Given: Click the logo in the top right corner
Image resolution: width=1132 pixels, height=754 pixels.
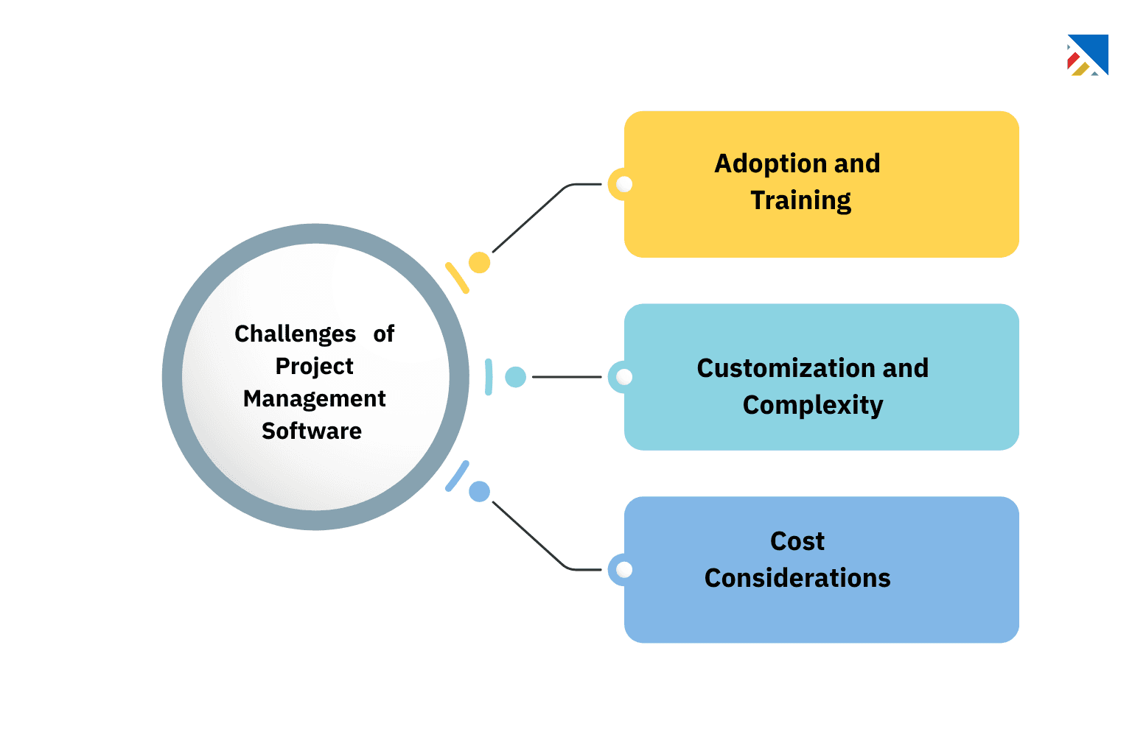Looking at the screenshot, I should pos(1088,55).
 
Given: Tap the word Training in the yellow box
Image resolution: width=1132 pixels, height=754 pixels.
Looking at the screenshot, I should pos(800,200).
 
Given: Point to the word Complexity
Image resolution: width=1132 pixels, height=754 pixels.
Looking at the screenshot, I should pos(812,405).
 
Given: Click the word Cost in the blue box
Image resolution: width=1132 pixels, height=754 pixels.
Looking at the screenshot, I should pos(797,541).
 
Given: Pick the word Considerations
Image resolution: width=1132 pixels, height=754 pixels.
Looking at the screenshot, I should pos(797,578).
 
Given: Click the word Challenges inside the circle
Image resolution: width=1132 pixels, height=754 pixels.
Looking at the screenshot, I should pos(295,334).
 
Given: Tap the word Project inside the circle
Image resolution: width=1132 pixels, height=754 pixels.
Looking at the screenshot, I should pos(314,366).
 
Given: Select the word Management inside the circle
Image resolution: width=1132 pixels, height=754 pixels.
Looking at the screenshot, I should pos(314,398).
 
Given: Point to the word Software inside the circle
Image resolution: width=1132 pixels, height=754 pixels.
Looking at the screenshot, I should pos(312,431).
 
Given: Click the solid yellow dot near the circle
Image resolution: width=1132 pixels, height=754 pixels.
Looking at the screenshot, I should pos(479,262).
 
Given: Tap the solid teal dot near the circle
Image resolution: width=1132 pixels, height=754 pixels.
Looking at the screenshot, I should pos(515,377).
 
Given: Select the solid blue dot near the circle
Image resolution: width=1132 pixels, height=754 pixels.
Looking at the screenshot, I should pos(479,491).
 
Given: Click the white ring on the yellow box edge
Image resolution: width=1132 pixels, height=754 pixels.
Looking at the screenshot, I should pos(623,184).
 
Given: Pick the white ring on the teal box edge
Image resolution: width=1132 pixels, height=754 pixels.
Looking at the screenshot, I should pos(623,377).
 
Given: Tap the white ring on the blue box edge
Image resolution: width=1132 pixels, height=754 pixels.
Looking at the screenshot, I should pos(623,569).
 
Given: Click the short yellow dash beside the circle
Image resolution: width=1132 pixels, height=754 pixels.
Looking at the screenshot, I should pos(457,278).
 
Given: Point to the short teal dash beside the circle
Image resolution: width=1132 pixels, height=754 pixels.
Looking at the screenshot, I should pos(489,377).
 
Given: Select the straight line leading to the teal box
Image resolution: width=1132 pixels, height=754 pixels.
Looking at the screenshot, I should pos(566,377).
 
